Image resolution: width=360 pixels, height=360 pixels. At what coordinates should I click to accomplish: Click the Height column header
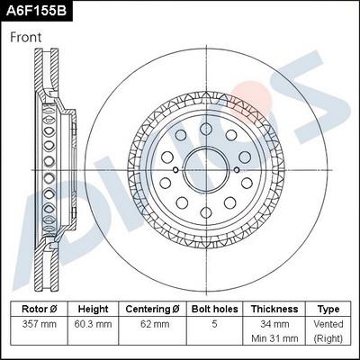pos(93,308)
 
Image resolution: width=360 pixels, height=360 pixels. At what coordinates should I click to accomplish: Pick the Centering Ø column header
pos(152,308)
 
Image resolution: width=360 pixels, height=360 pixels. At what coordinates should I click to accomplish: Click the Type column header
pos(328,308)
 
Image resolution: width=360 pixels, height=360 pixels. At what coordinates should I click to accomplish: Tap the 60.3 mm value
pos(93,323)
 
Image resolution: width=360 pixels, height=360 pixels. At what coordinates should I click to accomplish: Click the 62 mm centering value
pos(152,323)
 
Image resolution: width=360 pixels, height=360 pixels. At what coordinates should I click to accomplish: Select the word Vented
pos(328,323)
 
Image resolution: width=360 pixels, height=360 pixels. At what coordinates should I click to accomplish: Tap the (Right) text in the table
pos(328,338)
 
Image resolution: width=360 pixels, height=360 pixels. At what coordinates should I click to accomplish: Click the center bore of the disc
pos(203,164)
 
